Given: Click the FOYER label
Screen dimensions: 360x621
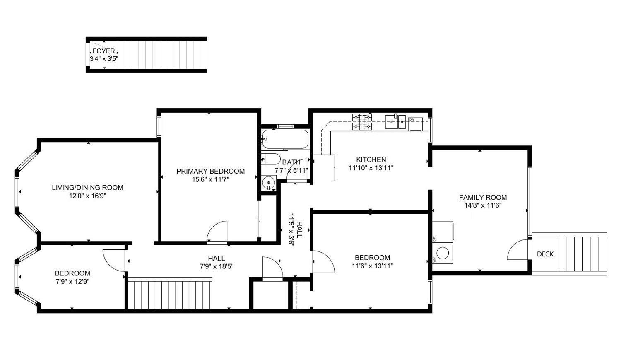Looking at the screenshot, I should pos(103,51).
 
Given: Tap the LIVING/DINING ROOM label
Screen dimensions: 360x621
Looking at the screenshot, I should pos(87,187).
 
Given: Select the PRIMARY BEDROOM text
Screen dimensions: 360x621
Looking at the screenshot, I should pos(210,171).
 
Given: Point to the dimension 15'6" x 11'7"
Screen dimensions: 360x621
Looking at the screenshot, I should pos(210,179).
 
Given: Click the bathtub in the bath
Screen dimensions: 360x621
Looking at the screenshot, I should pos(285,139).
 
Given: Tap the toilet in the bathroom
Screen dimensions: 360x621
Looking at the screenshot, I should pos(271,159).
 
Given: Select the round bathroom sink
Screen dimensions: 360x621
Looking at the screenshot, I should pos(270,182).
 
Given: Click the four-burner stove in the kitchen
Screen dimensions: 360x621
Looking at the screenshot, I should pos(361,122).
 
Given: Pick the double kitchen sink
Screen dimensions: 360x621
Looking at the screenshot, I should pos(395,121).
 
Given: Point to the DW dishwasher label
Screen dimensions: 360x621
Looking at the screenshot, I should pos(412,119).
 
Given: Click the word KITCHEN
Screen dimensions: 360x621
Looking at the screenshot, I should pos(371,159).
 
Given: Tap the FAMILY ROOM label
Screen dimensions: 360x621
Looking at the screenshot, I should pos(483,197).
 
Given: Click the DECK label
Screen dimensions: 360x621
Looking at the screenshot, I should pos(545,254).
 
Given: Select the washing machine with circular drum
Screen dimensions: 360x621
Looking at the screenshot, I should pos(443,253).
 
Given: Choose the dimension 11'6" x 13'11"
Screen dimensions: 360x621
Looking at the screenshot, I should pos(372,266).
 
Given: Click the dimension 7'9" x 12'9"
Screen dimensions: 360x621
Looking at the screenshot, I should pos(72,281).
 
